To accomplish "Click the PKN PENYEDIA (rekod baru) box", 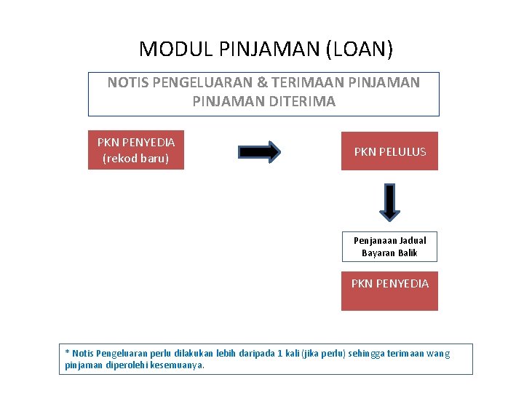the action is point(136,151).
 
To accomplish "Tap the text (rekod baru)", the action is point(136,159).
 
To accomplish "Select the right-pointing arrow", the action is point(259,151).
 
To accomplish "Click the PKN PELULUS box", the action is point(390,151).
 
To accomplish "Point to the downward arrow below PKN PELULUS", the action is point(390,202).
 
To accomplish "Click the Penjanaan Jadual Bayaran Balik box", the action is point(390,247).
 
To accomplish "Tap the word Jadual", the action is point(412,240).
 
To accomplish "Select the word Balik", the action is point(407,253).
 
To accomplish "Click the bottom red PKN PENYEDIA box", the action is point(390,290).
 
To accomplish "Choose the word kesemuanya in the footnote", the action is point(177,365).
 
